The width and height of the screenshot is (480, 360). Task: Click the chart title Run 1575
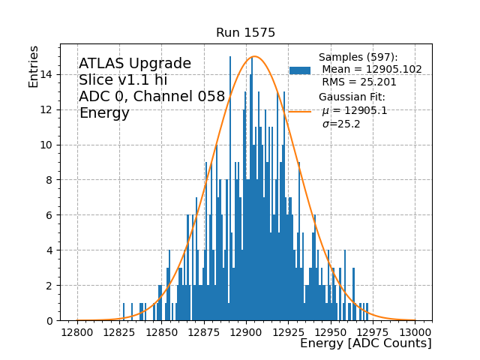click(x=245, y=33)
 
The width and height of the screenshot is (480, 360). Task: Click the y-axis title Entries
click(x=34, y=67)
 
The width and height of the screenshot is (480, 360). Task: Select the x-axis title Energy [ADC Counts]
click(x=365, y=343)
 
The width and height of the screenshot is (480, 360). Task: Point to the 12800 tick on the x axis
click(x=77, y=331)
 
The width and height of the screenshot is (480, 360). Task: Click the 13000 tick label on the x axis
click(x=415, y=331)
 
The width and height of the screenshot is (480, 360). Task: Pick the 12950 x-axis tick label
click(x=331, y=331)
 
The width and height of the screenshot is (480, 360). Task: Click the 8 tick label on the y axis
click(x=49, y=180)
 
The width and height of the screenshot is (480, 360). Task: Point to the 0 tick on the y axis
click(x=49, y=321)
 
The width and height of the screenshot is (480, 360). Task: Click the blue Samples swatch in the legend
click(x=300, y=70)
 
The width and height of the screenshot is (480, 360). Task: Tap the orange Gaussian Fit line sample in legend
click(x=300, y=111)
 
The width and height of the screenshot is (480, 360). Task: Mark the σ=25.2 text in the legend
click(x=341, y=124)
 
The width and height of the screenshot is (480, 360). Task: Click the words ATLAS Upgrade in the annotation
click(x=135, y=64)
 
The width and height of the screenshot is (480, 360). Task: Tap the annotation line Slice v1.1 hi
click(x=123, y=80)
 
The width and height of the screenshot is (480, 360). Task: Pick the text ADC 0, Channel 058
click(x=151, y=97)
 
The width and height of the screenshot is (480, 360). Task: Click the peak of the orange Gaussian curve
click(x=254, y=56)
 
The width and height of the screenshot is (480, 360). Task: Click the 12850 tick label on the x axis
click(x=162, y=331)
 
